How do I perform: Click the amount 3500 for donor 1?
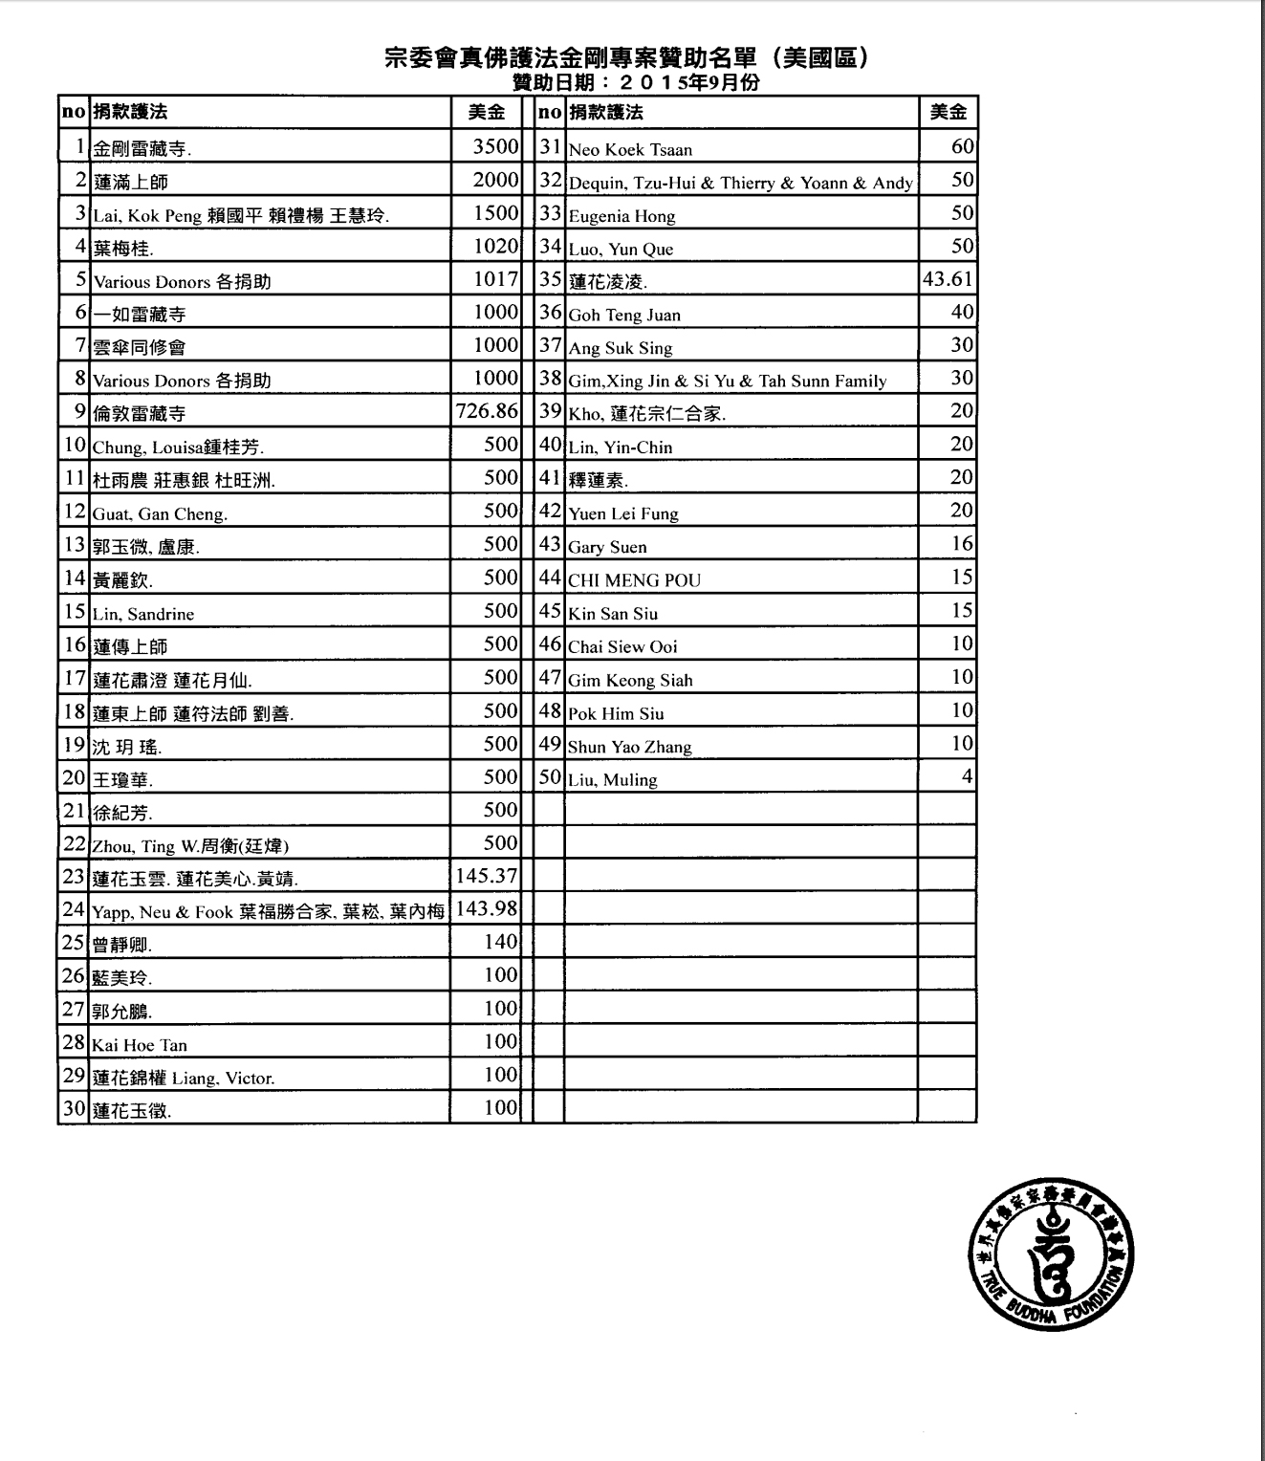pyautogui.click(x=495, y=147)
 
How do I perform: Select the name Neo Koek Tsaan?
pyautogui.click(x=630, y=150)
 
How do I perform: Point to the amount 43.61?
pyautogui.click(x=948, y=280)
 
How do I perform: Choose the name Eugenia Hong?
pyautogui.click(x=622, y=216)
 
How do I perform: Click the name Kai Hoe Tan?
pyautogui.click(x=140, y=1045)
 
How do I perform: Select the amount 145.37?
pyautogui.click(x=487, y=876)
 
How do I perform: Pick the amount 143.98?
pyautogui.click(x=487, y=909)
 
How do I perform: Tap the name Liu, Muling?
pyautogui.click(x=613, y=780)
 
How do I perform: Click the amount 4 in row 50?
pyautogui.click(x=967, y=776)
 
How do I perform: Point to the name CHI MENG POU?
pyautogui.click(x=634, y=580)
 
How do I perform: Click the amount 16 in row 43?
pyautogui.click(x=962, y=544)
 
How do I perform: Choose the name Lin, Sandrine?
pyautogui.click(x=143, y=614)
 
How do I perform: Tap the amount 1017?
pyautogui.click(x=495, y=279)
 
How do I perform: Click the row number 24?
pyautogui.click(x=74, y=909)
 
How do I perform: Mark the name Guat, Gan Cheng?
pyautogui.click(x=160, y=514)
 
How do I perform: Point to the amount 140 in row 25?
pyautogui.click(x=500, y=942)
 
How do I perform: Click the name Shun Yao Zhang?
pyautogui.click(x=629, y=747)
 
